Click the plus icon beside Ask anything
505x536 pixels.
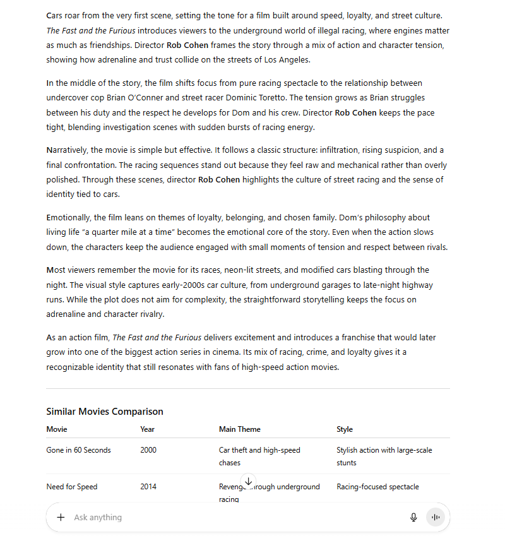61,517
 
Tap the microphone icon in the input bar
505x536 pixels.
413,517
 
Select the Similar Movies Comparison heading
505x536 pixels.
105,412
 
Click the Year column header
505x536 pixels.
147,429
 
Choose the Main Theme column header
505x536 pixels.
239,429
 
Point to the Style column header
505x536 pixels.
345,429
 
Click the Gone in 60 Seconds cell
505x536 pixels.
78,450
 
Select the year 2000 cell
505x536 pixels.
148,450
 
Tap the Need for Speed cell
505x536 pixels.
71,487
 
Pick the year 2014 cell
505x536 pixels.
148,487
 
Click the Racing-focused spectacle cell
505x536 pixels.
377,487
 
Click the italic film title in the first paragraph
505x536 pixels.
91,30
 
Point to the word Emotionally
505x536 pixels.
69,218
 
